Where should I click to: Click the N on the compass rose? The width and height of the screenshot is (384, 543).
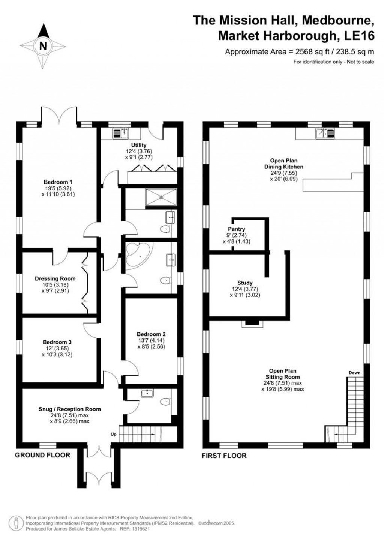43,46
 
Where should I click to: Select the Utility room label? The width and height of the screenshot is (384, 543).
139,145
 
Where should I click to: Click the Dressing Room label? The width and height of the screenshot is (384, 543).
55,278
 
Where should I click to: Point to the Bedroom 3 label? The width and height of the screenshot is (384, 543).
57,342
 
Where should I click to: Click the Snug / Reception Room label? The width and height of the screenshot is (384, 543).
70,409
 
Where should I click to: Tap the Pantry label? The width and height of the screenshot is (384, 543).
236,229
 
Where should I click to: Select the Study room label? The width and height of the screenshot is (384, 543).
245,283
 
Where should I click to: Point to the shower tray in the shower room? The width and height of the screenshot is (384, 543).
160,197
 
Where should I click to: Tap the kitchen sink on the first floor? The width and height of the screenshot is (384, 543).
325,133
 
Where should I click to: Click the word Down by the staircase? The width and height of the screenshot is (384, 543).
354,373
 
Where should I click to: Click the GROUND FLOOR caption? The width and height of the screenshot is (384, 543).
42,455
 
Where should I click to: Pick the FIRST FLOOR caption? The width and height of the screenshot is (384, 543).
224,456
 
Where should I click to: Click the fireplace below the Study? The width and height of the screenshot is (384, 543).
252,323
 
